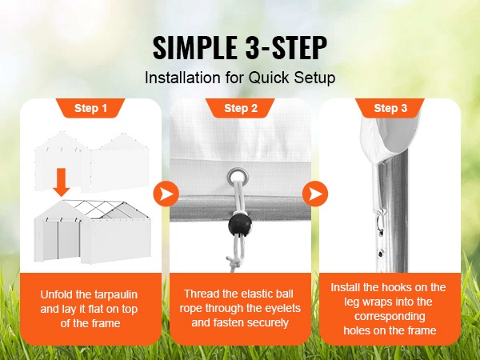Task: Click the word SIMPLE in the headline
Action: click(194, 48)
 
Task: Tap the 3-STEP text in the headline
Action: click(286, 48)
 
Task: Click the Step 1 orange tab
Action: click(90, 108)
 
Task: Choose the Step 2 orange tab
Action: click(241, 108)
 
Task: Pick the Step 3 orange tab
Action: click(390, 108)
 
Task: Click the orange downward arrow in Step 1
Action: click(62, 182)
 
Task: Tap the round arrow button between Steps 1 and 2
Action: click(166, 194)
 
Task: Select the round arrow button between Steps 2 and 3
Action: click(315, 194)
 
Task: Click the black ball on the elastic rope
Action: click(240, 226)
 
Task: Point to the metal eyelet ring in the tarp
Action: click(238, 176)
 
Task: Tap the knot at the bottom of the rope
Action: click(232, 261)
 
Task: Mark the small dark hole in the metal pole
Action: click(381, 254)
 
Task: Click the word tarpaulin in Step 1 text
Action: click(116, 294)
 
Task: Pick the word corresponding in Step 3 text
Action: click(390, 316)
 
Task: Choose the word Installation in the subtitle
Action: click(182, 78)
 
